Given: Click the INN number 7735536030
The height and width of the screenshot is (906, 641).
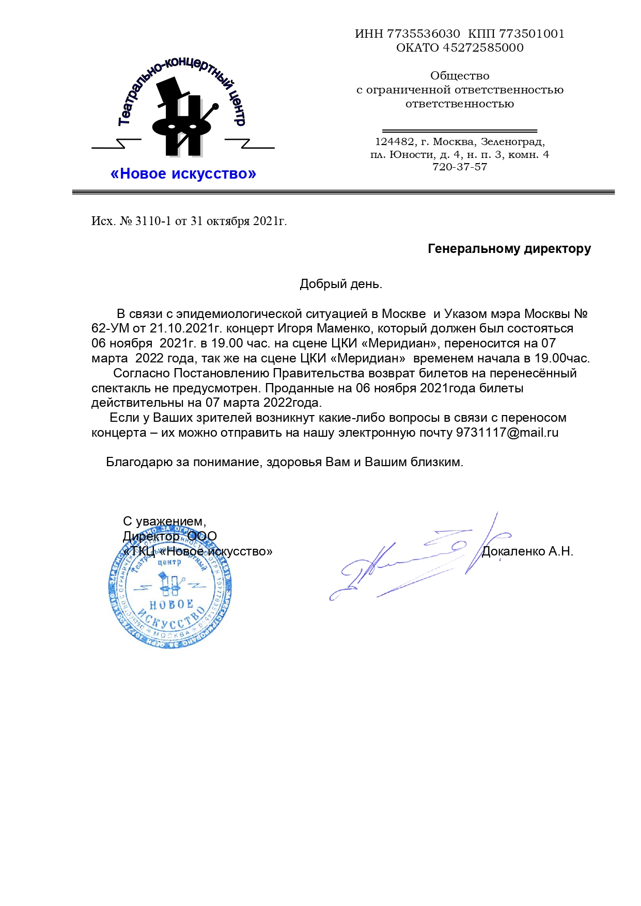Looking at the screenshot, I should pyautogui.click(x=423, y=34).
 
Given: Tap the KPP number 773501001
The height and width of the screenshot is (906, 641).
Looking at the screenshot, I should pyautogui.click(x=531, y=34).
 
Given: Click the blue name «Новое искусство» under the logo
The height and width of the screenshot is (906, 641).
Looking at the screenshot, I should pyautogui.click(x=183, y=174).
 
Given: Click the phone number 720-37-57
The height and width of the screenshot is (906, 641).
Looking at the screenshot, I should pyautogui.click(x=460, y=167).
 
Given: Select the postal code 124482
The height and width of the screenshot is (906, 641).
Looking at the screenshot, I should pyautogui.click(x=394, y=142).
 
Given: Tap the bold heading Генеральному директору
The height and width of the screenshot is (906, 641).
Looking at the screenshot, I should pyautogui.click(x=509, y=249).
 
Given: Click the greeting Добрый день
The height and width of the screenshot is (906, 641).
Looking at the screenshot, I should pyautogui.click(x=341, y=284).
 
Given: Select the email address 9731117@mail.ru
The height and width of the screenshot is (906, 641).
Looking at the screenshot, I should pyautogui.click(x=507, y=433).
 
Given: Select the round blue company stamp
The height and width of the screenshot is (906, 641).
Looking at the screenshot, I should pyautogui.click(x=170, y=589).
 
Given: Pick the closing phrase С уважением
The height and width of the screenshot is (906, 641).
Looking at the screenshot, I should pyautogui.click(x=164, y=522).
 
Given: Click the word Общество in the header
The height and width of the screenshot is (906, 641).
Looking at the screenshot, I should pyautogui.click(x=460, y=76).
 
